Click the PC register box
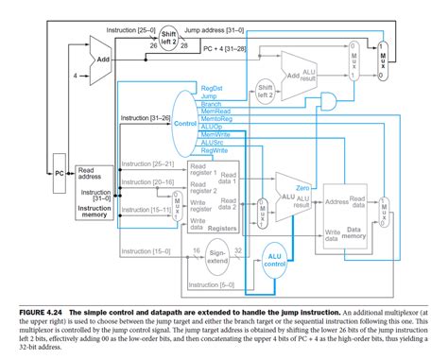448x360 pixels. pos(59,174)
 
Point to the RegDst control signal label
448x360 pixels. pos(212,88)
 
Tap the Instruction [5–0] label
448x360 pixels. pos(214,284)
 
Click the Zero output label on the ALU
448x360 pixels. pos(302,188)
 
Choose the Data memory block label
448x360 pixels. pos(356,230)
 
